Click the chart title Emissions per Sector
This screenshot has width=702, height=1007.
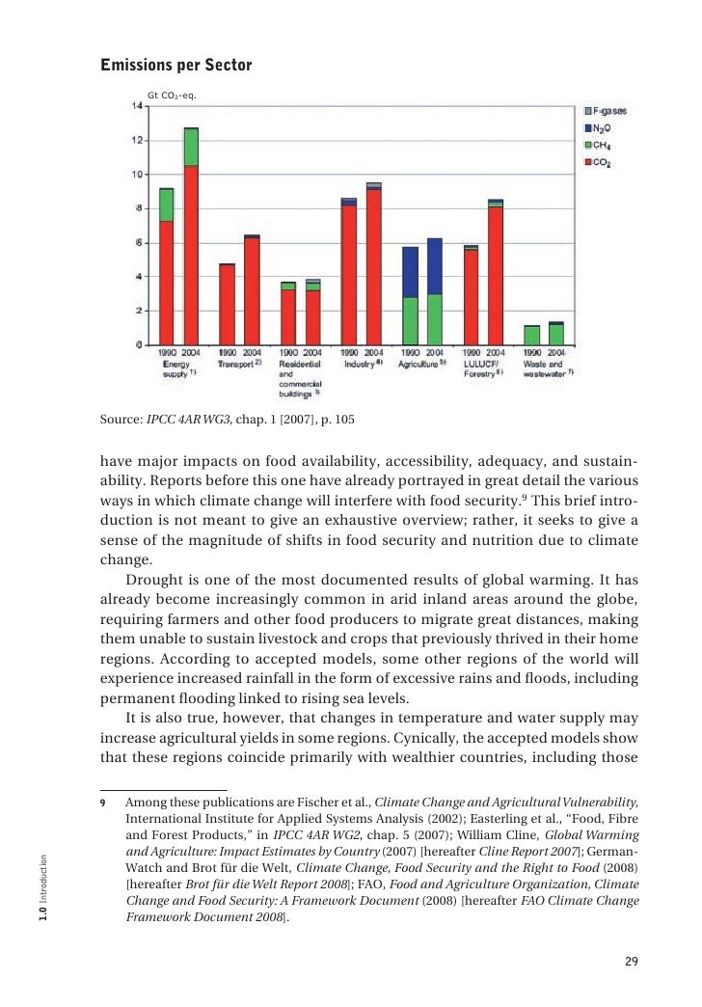coord(176,66)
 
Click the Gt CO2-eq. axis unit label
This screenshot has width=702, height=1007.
coord(171,95)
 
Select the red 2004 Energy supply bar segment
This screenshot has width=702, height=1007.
coord(191,255)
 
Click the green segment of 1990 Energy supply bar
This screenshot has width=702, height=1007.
coord(167,204)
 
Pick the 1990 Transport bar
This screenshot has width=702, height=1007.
coord(228,304)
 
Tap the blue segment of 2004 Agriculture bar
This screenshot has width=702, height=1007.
coord(434,266)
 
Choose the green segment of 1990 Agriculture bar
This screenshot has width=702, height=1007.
coord(410,320)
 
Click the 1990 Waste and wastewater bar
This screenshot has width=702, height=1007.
coord(531,335)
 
